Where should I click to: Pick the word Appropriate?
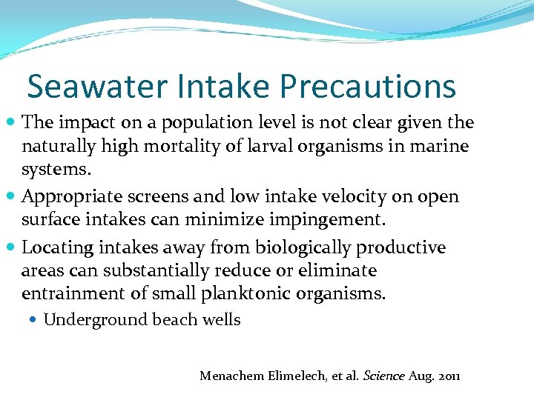tap(73, 196)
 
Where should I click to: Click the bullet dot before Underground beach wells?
tap(35, 320)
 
